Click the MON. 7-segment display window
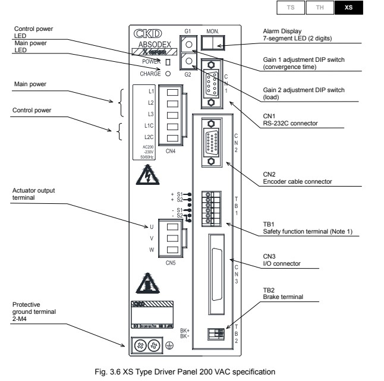212,43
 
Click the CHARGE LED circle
168,74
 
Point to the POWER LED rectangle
168,62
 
